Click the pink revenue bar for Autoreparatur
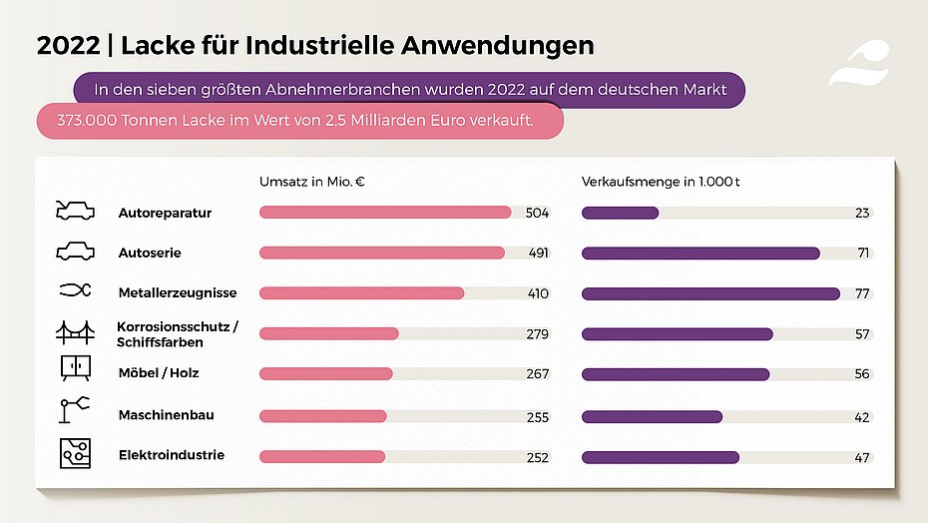384,213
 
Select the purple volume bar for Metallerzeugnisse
710,293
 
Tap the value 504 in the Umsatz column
537,213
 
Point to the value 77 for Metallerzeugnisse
863,293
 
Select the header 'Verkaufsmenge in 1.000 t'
661,182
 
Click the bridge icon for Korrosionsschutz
75,331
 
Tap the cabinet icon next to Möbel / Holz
75,368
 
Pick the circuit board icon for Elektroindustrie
75,452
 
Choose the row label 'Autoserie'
150,254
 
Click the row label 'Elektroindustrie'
171,455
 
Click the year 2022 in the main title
66,45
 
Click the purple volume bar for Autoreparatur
620,213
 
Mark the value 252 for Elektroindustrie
537,457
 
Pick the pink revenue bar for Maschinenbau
322,416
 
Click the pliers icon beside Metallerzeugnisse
75,290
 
